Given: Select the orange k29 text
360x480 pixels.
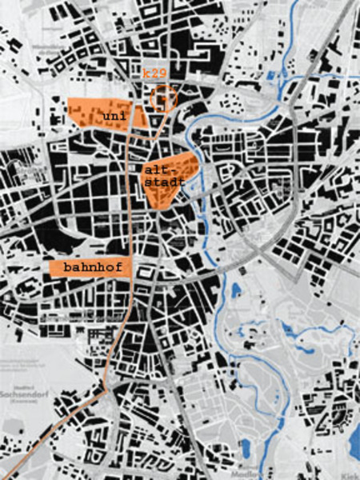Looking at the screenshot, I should (x=154, y=74).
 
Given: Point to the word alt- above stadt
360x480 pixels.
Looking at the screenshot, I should (x=156, y=170).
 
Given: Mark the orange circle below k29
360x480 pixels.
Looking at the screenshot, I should (x=162, y=98).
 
